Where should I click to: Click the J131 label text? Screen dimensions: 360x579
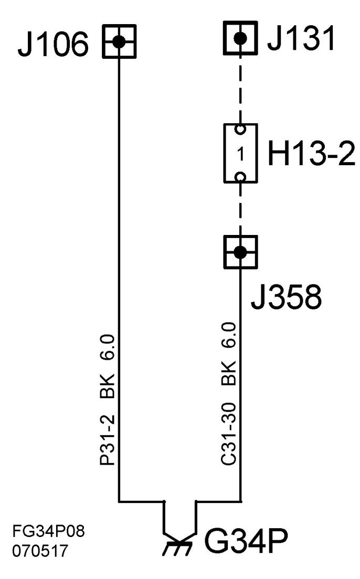click(x=300, y=39)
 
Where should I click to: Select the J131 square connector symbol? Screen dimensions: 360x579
click(x=241, y=38)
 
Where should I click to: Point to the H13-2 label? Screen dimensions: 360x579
click(x=311, y=154)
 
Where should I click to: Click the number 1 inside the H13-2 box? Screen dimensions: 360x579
click(x=240, y=155)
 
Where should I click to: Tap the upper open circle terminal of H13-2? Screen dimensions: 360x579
click(x=240, y=129)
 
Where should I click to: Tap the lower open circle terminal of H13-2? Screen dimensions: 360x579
click(x=240, y=177)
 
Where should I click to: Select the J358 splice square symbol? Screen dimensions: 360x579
click(x=240, y=252)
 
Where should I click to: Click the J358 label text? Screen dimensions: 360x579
click(x=286, y=297)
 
